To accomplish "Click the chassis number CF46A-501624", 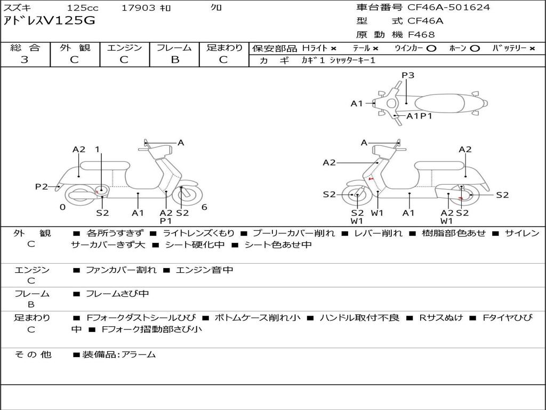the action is point(448,7).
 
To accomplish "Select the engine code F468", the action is point(421,35).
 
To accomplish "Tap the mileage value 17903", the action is point(139,8).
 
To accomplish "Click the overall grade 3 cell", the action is point(25,60).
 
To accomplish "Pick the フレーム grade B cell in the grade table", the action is point(175,60).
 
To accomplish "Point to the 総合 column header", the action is point(25,48).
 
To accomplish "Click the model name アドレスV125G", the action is point(50,21).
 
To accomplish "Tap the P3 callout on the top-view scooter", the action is point(408,75).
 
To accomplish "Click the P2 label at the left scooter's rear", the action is point(42,186).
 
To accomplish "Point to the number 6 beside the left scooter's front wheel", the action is point(204,207).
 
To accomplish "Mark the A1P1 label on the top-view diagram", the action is point(419,116).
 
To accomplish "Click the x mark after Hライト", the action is point(333,49).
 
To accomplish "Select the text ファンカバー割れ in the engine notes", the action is point(121,270).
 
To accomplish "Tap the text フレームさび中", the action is point(117,294).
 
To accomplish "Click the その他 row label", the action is point(33,354).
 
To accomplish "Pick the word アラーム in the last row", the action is point(139,354).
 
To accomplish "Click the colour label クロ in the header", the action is point(216,8).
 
